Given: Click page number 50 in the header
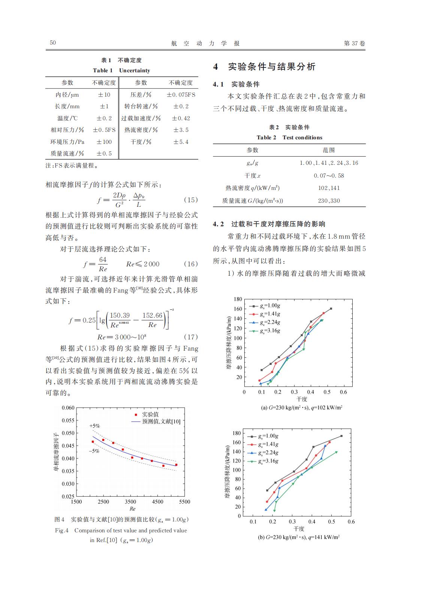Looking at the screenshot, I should pyautogui.click(x=53, y=43).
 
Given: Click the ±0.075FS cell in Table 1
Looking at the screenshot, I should pyautogui.click(x=181, y=95).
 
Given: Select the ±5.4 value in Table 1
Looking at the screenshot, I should pyautogui.click(x=181, y=142).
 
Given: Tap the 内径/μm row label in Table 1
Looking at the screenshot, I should pyautogui.click(x=67, y=95).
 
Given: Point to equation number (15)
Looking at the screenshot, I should pyautogui.click(x=191, y=200).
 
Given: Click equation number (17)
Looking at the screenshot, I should pyautogui.click(x=191, y=337).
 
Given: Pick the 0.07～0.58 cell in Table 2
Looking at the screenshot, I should pyautogui.click(x=329, y=175).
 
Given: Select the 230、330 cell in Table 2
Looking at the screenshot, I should pyautogui.click(x=329, y=200).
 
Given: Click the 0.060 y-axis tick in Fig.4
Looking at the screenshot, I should pyautogui.click(x=68, y=408).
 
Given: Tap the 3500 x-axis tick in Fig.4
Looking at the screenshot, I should pyautogui.click(x=130, y=502).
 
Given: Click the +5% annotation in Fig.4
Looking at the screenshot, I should pyautogui.click(x=94, y=426).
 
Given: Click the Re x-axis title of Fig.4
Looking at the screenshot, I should pyautogui.click(x=132, y=509).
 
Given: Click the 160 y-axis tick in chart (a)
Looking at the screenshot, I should pyautogui.click(x=238, y=309).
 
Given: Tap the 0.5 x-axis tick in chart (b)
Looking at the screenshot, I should pyautogui.click(x=331, y=521).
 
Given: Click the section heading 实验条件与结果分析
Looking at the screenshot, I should pyautogui.click(x=272, y=67).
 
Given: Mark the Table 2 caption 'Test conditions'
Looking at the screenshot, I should pyautogui.click(x=302, y=137).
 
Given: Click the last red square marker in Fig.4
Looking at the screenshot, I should pyautogui.click(x=176, y=465).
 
